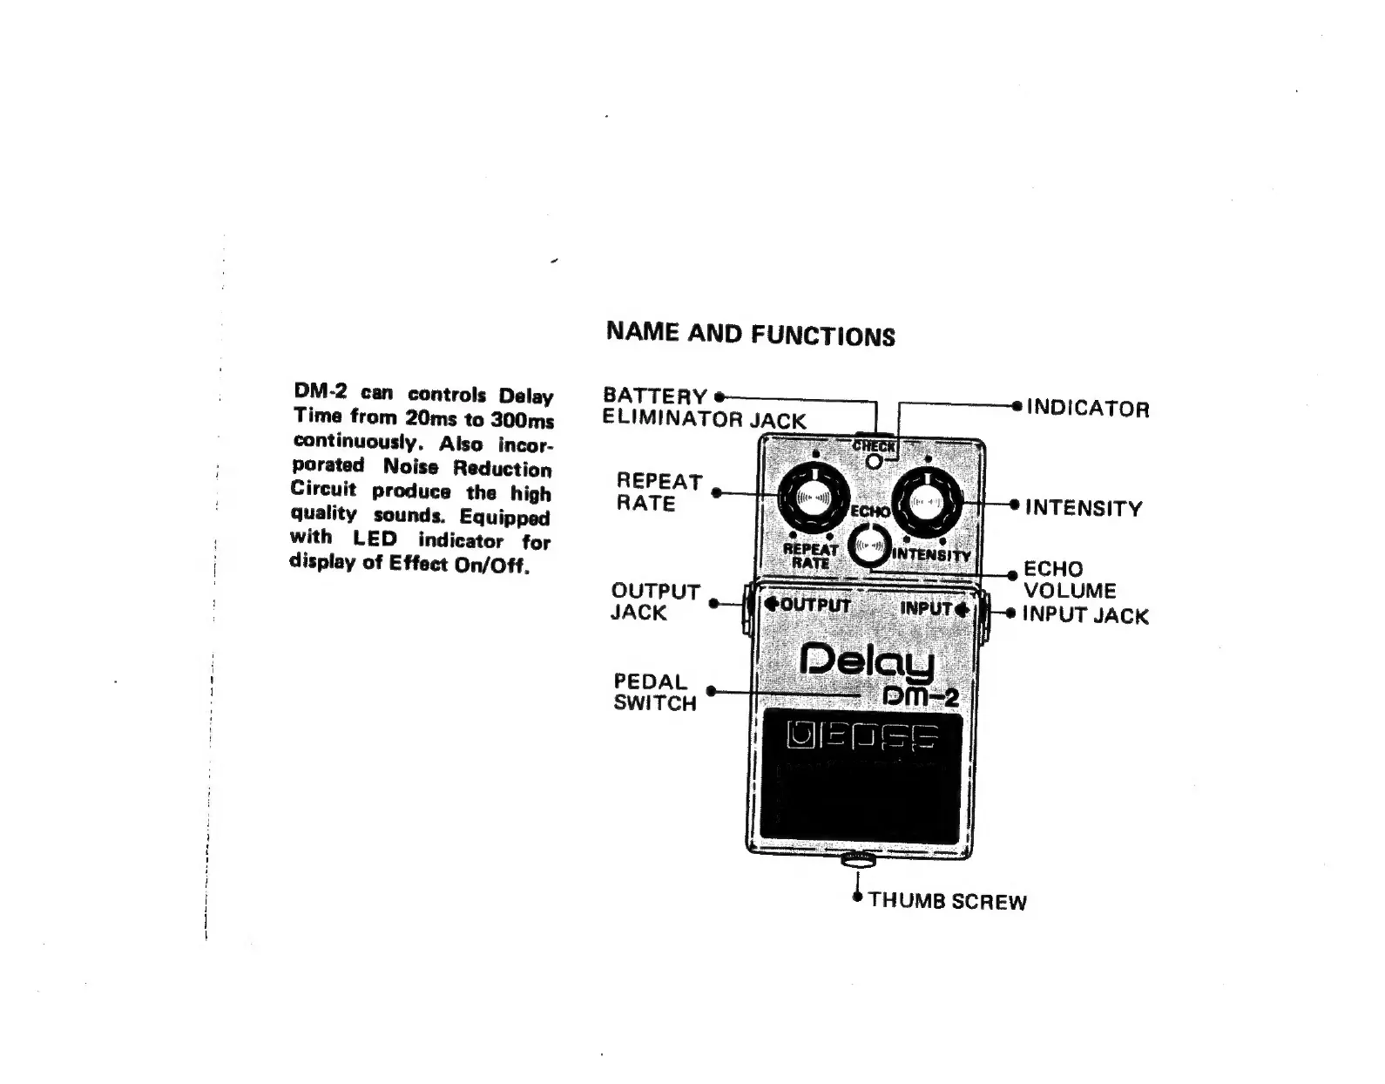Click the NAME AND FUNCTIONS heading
pyautogui.click(x=750, y=334)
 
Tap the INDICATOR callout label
pyautogui.click(x=1088, y=408)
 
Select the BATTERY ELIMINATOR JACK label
pyautogui.click(x=704, y=408)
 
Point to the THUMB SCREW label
pyautogui.click(x=947, y=901)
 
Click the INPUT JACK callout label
pyautogui.click(x=1085, y=615)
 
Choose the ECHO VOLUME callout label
pyautogui.click(x=1070, y=579)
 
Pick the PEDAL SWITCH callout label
pyautogui.click(x=655, y=692)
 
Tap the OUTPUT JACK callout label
pyautogui.click(x=655, y=602)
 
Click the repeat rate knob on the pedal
pyautogui.click(x=813, y=498)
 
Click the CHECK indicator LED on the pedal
pyautogui.click(x=874, y=459)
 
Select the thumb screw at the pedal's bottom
pyautogui.click(x=859, y=862)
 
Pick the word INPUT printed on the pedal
pyautogui.click(x=927, y=608)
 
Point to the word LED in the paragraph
pyautogui.click(x=375, y=538)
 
